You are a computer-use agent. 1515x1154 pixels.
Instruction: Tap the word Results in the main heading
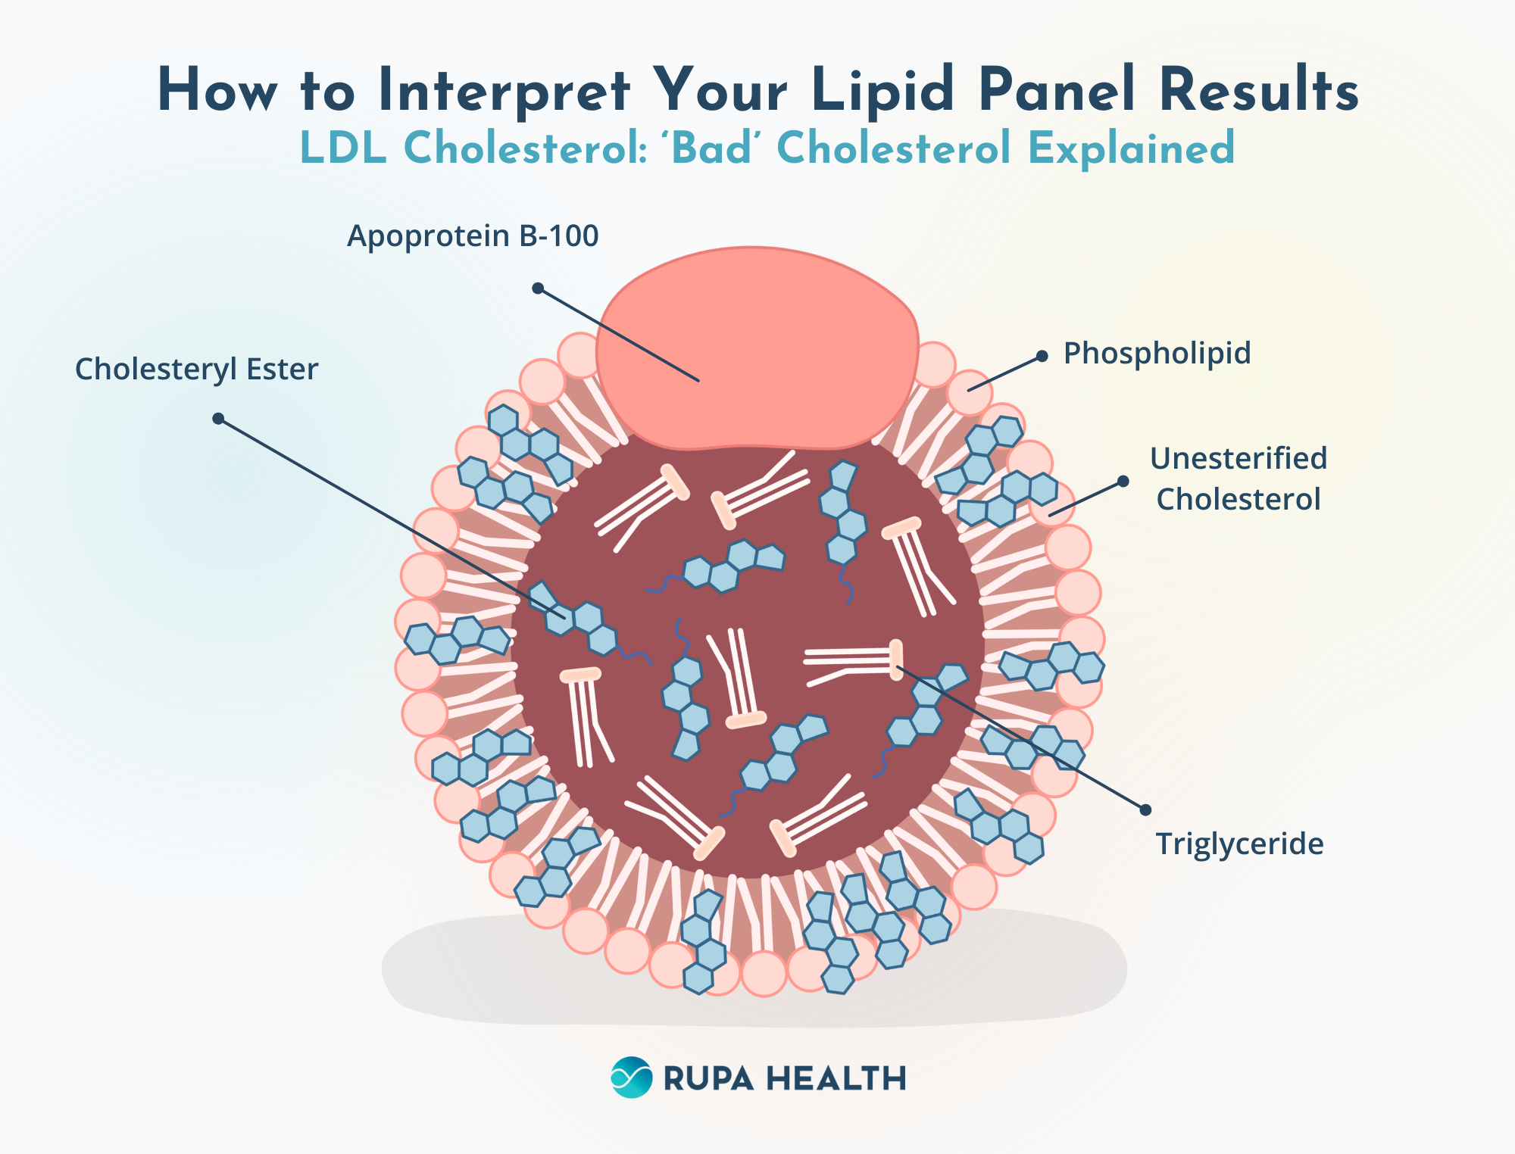point(1258,91)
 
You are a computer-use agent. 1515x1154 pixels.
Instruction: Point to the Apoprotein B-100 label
point(473,236)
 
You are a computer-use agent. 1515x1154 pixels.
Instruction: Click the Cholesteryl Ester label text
point(196,370)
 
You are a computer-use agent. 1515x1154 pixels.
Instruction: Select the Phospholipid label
point(1157,354)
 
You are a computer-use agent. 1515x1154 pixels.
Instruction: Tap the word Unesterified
point(1238,459)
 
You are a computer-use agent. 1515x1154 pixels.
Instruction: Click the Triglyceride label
point(1239,844)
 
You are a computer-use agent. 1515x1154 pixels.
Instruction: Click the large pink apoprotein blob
point(757,348)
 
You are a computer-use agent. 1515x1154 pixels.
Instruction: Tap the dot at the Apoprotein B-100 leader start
point(538,288)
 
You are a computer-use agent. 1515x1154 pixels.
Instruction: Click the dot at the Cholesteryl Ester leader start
point(218,419)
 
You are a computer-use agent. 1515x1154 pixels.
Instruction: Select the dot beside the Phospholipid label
point(1042,356)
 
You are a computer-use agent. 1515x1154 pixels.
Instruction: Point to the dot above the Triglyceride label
point(1145,809)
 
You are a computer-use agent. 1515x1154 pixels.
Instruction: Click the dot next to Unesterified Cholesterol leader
point(1123,482)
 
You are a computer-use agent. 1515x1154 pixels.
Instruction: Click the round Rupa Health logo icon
point(631,1077)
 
